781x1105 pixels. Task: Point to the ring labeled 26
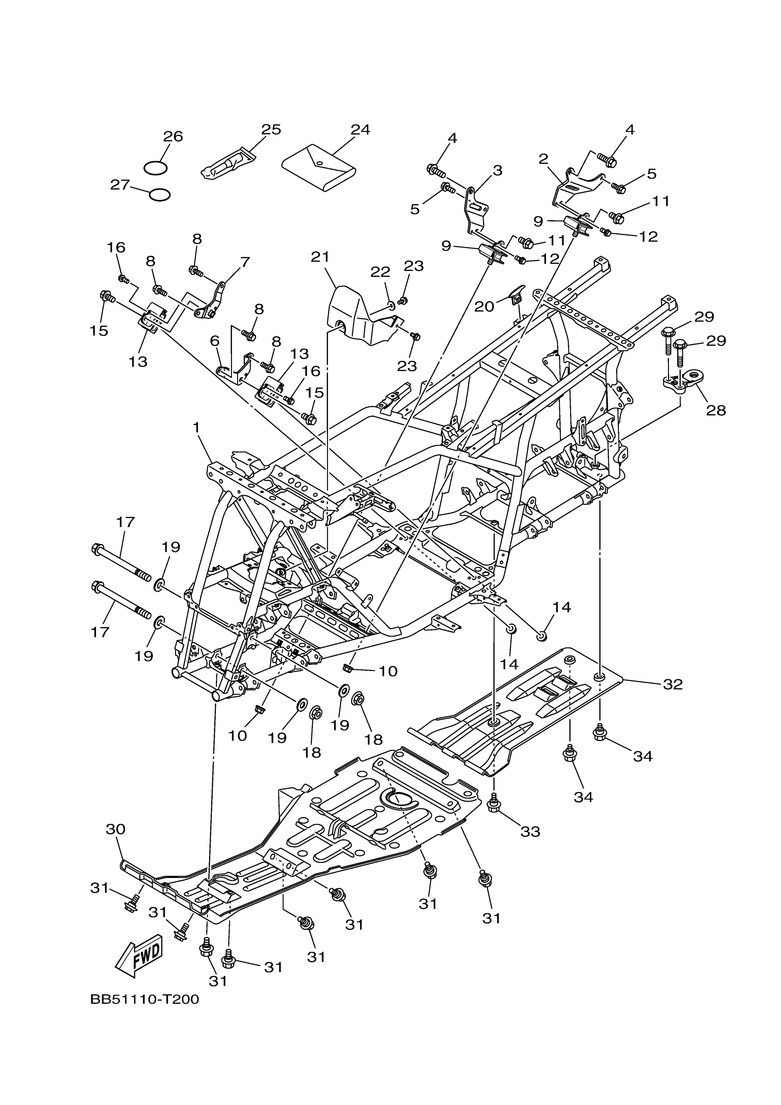(x=155, y=168)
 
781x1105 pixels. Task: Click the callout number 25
(x=271, y=130)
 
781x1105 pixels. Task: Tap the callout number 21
(x=320, y=257)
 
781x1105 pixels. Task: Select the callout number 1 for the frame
(x=196, y=427)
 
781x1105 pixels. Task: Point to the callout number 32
(x=672, y=685)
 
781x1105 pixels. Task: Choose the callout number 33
(x=530, y=832)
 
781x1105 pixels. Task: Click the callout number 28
(x=716, y=410)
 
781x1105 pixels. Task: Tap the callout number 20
(x=484, y=306)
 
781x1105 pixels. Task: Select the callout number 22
(x=380, y=272)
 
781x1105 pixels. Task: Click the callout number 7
(x=245, y=262)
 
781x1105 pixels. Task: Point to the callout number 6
(x=215, y=341)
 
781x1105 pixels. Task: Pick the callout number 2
(x=543, y=159)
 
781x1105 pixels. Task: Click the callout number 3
(x=497, y=170)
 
